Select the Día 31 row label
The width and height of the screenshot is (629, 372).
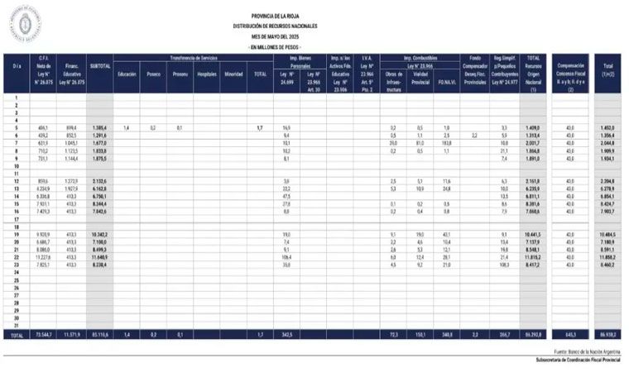[x=16, y=324]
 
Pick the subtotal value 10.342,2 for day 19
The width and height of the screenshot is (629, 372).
[x=98, y=235]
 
